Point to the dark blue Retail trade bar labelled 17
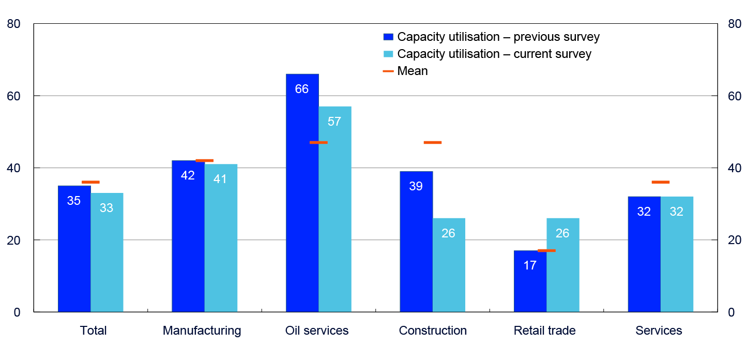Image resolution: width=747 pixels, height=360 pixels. [x=530, y=281]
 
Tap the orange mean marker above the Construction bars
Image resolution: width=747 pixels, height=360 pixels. [x=433, y=142]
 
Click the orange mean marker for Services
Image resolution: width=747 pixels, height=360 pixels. [x=661, y=182]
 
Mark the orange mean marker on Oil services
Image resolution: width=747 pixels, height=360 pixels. [x=318, y=142]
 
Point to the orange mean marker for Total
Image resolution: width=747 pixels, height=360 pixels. [x=90, y=182]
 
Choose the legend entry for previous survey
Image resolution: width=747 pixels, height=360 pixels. [x=491, y=37]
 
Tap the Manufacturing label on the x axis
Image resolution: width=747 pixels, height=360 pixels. [x=202, y=331]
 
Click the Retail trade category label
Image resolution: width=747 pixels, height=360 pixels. [x=544, y=331]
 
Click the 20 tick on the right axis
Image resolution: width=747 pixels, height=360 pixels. [x=734, y=240]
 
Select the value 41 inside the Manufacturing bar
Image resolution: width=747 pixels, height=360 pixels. [x=221, y=180]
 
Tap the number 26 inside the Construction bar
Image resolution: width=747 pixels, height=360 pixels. [x=448, y=233]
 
